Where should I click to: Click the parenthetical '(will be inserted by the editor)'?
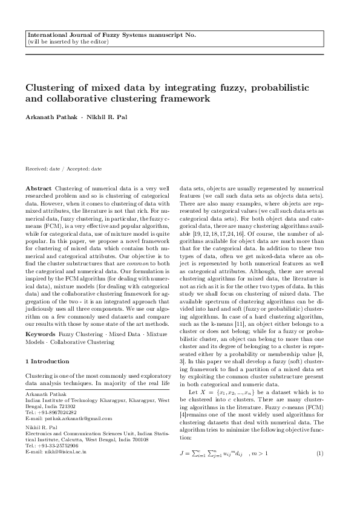[68, 42]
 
